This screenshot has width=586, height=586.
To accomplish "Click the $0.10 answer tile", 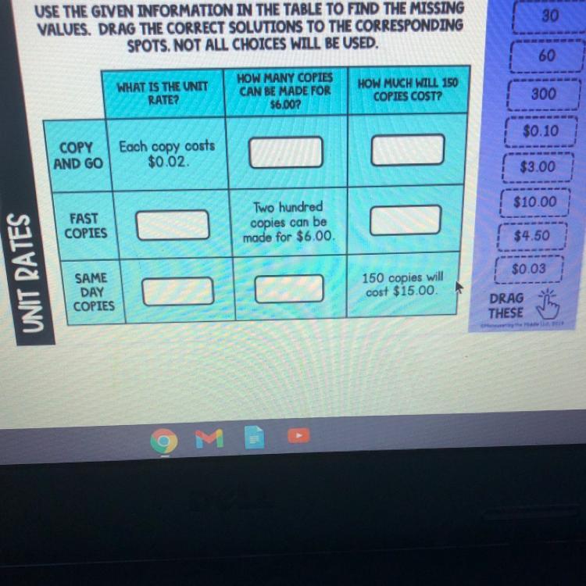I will click(541, 130).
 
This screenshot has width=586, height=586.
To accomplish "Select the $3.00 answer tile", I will click(538, 166).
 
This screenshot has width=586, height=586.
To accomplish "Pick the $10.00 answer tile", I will click(536, 202).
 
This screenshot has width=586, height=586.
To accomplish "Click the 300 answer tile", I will click(543, 94).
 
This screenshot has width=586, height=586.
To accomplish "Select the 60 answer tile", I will click(546, 55).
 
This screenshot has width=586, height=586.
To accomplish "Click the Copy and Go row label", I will click(77, 155).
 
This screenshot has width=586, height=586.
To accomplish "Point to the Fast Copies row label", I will click(86, 226).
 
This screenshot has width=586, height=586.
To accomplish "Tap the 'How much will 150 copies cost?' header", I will click(408, 89).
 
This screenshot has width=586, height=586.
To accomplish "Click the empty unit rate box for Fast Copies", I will click(173, 225).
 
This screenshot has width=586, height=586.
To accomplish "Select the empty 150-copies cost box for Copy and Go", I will click(407, 150).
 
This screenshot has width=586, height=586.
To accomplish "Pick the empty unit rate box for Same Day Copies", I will click(177, 291).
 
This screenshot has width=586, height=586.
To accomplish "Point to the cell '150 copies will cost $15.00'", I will click(402, 284).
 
